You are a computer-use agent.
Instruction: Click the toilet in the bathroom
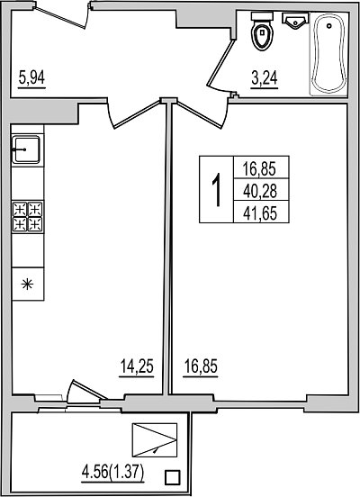[x=263, y=31]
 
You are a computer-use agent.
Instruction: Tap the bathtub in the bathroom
[x=328, y=54]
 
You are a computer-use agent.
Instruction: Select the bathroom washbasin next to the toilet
[x=295, y=21]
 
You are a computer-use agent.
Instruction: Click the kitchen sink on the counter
[x=26, y=149]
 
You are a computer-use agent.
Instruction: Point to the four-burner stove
[x=28, y=217]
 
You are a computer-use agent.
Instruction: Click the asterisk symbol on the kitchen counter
[x=27, y=284]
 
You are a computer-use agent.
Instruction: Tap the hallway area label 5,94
[x=31, y=78]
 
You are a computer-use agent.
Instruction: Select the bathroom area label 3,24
[x=265, y=78]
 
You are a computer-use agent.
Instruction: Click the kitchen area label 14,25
[x=137, y=366]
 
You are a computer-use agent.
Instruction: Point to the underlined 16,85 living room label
[x=201, y=366]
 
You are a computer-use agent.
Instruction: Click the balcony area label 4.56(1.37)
[x=113, y=474]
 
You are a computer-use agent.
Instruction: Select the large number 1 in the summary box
[x=217, y=191]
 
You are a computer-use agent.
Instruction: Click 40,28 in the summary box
[x=260, y=191]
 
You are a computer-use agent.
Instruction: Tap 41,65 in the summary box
[x=260, y=213]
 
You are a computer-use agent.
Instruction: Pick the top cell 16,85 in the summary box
[x=260, y=168]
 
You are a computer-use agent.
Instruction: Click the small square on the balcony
[x=173, y=477]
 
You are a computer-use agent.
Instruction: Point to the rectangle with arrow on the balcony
[x=155, y=440]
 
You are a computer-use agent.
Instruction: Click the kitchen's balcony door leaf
[x=89, y=389]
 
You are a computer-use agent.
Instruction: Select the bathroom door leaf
[x=220, y=62]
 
